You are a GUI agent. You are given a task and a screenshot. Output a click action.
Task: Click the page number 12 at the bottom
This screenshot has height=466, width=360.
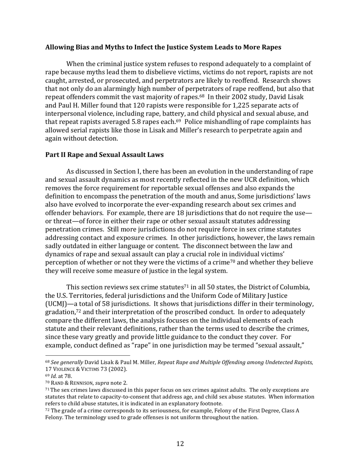coord(180,444)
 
